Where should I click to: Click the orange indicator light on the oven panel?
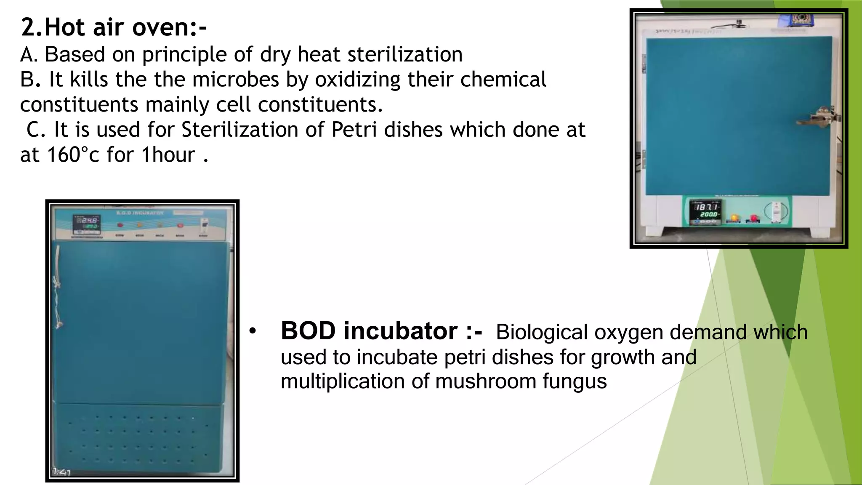[734, 218]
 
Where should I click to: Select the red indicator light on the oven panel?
[753, 219]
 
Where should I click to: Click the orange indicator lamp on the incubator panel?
[140, 225]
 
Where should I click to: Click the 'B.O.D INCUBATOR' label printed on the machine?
[140, 213]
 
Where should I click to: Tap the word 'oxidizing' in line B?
[358, 80]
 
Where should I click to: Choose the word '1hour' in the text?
[168, 155]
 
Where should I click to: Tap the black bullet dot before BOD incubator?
[252, 331]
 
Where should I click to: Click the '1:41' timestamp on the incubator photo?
[61, 472]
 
